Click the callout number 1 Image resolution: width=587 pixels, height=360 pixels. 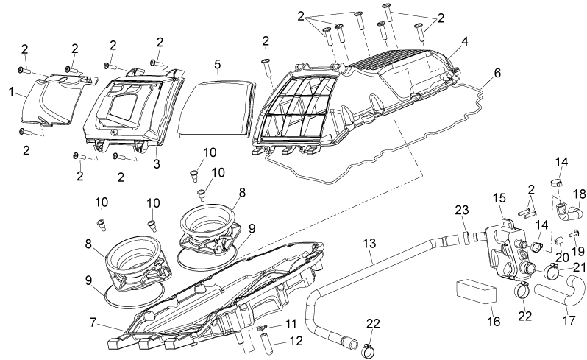(x=11, y=92)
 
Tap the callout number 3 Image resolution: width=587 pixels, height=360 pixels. (x=157, y=163)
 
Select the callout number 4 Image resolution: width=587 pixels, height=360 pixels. (x=465, y=41)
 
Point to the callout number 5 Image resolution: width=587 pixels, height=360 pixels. (x=218, y=64)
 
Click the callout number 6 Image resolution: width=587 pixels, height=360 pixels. (x=497, y=73)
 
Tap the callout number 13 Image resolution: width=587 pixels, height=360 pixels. (x=369, y=244)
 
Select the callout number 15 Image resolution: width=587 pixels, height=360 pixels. (x=499, y=198)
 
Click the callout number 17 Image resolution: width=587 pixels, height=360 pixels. (x=569, y=320)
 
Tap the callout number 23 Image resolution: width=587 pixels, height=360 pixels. (x=462, y=210)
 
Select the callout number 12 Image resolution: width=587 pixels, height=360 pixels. (x=296, y=342)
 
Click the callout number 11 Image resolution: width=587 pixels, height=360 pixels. (x=291, y=324)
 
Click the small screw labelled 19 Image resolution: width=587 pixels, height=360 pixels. (x=573, y=235)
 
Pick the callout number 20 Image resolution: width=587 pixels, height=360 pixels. (x=561, y=258)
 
